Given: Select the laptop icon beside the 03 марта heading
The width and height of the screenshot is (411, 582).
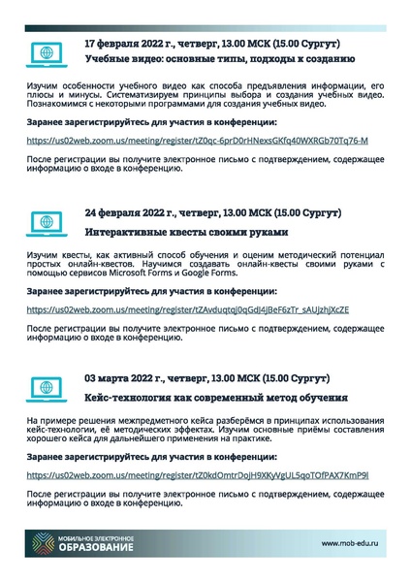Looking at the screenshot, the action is (x=44, y=385).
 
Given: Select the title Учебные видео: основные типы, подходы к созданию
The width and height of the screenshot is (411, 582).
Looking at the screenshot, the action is (x=220, y=60).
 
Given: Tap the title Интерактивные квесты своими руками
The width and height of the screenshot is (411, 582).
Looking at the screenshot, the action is (x=186, y=233).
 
